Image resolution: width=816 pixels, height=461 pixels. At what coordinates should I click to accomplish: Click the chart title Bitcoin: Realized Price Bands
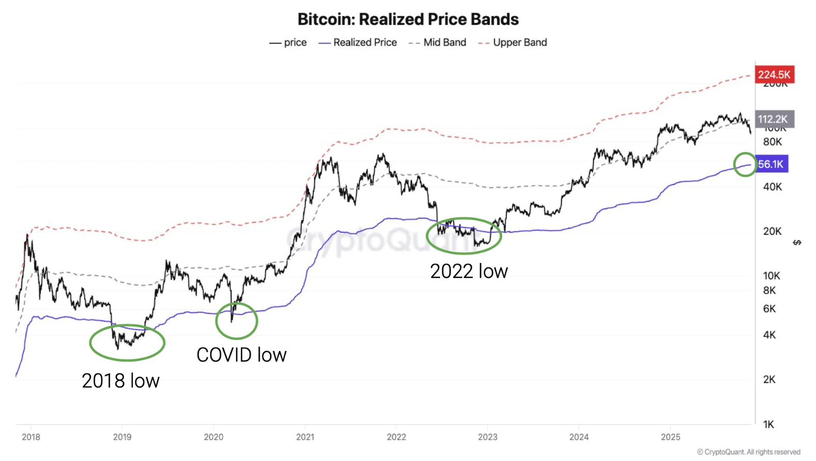pyautogui.click(x=408, y=19)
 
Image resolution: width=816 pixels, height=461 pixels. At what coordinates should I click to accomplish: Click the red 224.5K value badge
pyautogui.click(x=774, y=74)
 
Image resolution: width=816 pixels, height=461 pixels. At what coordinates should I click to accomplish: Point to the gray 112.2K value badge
pyautogui.click(x=774, y=119)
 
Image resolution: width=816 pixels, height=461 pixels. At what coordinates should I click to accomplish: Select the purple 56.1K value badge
pyautogui.click(x=771, y=164)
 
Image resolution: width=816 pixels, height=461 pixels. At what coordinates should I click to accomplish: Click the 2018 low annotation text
pyautogui.click(x=120, y=381)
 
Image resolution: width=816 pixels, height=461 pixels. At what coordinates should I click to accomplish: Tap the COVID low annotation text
pyautogui.click(x=241, y=355)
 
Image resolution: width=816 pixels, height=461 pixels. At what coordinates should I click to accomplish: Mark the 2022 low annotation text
pyautogui.click(x=469, y=271)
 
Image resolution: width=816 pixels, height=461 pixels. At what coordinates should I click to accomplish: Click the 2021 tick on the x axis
pyautogui.click(x=305, y=437)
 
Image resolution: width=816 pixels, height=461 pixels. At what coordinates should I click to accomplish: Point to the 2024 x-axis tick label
pyautogui.click(x=579, y=437)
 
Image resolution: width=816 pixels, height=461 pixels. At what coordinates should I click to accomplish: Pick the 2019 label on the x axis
pyautogui.click(x=122, y=437)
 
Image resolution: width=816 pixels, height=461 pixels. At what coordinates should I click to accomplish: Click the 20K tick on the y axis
pyautogui.click(x=773, y=232)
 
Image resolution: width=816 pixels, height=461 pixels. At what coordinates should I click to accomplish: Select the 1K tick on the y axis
pyautogui.click(x=769, y=424)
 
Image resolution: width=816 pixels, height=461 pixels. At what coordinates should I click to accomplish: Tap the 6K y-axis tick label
pyautogui.click(x=769, y=309)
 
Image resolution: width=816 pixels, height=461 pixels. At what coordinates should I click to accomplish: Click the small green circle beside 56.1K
pyautogui.click(x=745, y=164)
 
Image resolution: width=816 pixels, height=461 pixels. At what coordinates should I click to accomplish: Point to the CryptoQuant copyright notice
pyautogui.click(x=749, y=452)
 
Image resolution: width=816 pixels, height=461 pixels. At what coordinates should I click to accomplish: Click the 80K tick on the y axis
pyautogui.click(x=773, y=142)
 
